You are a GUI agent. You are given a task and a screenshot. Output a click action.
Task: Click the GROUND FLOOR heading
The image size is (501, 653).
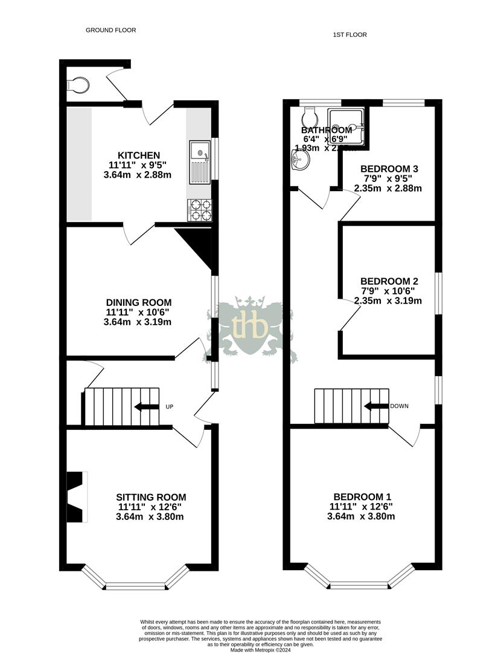click(110, 30)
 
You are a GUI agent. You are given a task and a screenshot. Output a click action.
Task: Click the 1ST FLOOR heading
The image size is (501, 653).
click(349, 34)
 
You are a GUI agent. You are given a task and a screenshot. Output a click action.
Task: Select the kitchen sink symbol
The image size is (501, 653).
click(199, 161)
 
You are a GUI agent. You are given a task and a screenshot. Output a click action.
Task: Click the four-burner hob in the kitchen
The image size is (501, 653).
click(200, 210)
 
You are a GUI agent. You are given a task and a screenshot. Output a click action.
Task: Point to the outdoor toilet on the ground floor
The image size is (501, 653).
click(78, 85)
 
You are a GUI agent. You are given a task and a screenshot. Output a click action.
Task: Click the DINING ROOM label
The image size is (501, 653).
click(138, 302)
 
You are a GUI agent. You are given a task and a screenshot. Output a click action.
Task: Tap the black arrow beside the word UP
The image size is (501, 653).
click(146, 407)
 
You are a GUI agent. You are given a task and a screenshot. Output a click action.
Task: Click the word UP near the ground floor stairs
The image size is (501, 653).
click(169, 407)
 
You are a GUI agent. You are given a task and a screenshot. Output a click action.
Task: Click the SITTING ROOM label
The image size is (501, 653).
click(151, 497)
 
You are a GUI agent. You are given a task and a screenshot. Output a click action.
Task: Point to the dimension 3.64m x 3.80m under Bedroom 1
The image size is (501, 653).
click(361, 516)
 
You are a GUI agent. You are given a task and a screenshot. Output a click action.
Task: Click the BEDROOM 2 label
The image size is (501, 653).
click(389, 281)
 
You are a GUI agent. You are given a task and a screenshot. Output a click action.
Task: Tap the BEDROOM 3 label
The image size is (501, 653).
click(389, 169)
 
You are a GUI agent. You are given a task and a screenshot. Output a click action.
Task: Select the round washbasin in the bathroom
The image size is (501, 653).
click(301, 160)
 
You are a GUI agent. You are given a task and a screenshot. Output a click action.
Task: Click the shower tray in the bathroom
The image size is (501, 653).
click(347, 128)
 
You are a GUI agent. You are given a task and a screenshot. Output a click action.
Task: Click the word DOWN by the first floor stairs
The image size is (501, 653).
click(399, 406)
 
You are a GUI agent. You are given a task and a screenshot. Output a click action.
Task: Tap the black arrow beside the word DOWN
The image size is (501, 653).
click(376, 406)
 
